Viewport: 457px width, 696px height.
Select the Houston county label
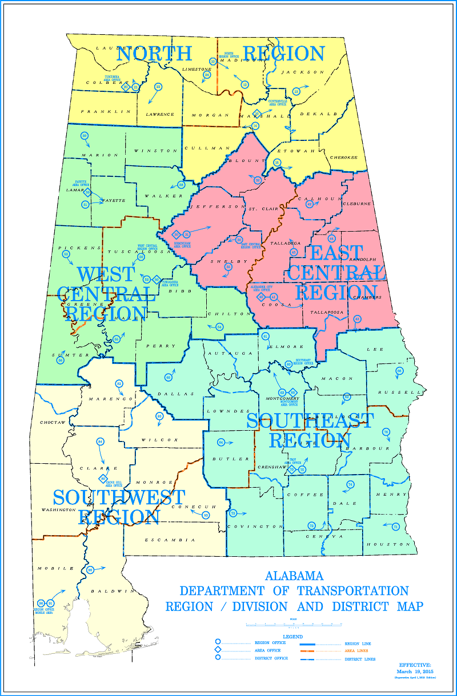pos(395,544)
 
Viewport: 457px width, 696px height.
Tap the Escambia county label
pos(170,540)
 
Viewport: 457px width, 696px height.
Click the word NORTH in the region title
pos(154,54)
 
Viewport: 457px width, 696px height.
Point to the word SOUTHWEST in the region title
pos(119,497)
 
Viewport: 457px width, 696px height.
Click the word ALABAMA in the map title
pos(294,576)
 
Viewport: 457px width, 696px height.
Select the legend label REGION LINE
pos(359,643)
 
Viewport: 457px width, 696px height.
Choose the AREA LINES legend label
pos(356,650)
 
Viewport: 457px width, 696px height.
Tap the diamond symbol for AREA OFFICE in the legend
pos(218,650)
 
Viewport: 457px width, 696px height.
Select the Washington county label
pos(58,509)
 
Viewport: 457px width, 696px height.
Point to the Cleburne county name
pos(356,203)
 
